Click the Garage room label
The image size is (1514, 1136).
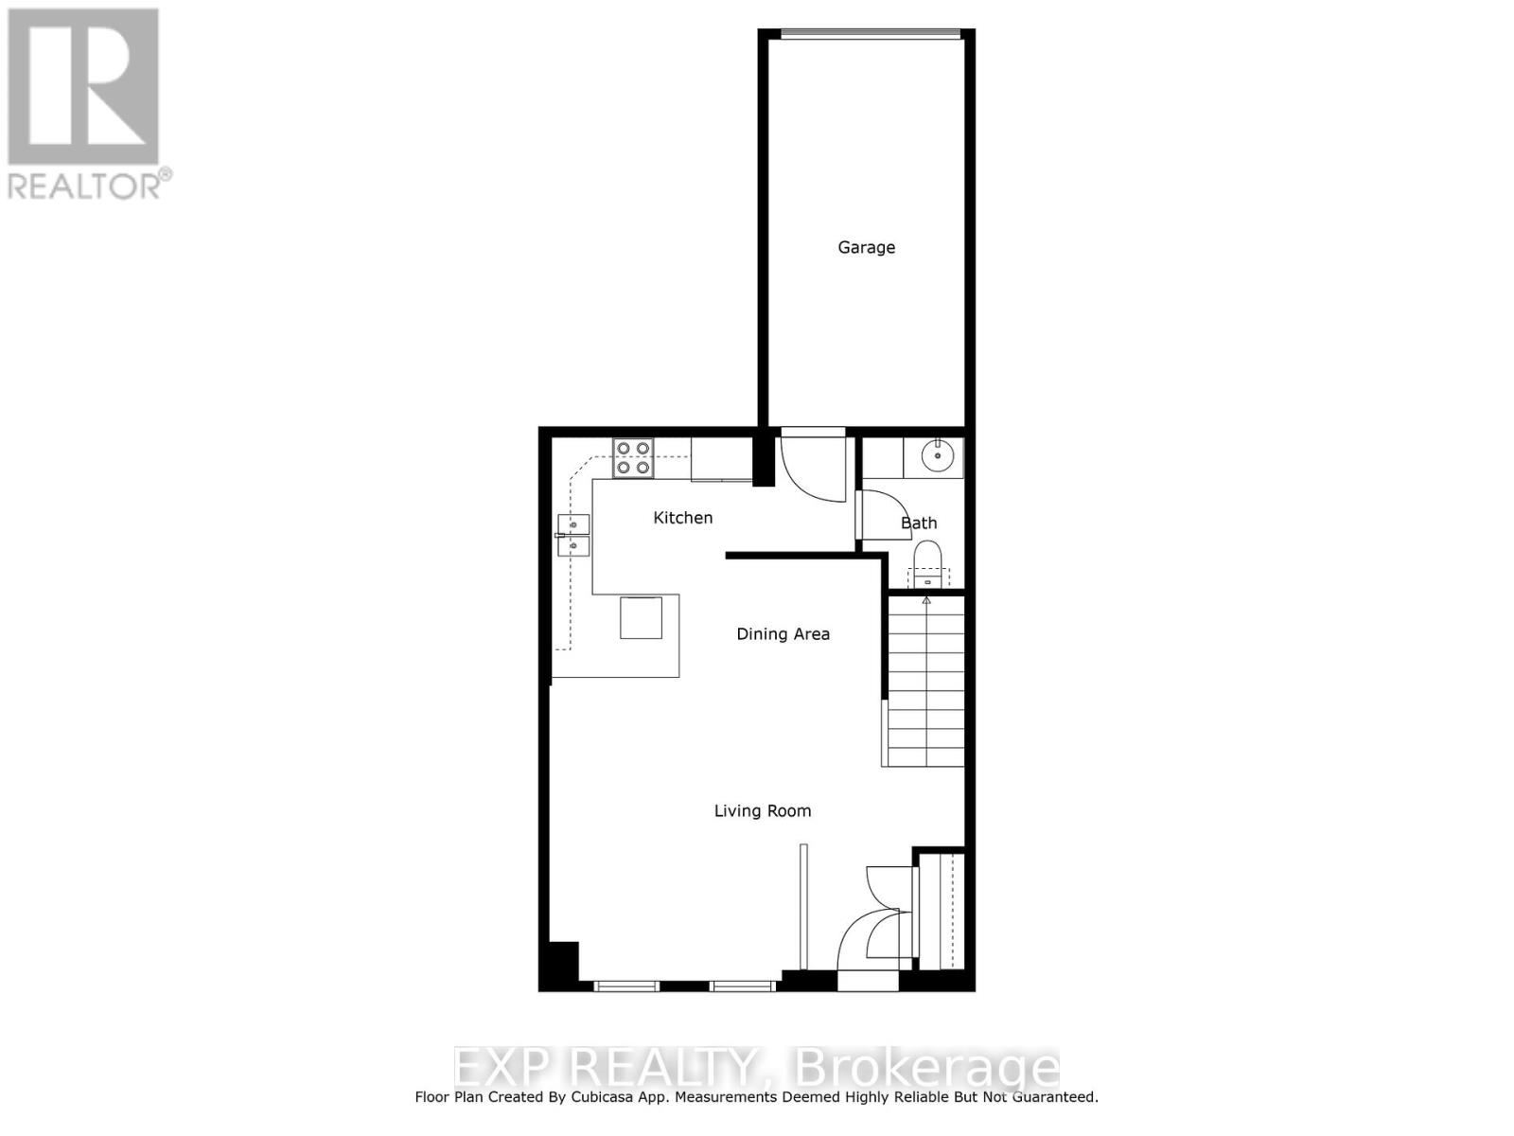point(866,247)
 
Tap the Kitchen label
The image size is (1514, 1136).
point(682,518)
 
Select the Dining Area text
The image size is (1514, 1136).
point(783,634)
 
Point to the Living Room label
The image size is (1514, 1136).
point(762,810)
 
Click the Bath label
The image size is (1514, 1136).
point(919,523)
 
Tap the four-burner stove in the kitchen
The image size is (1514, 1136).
point(633,457)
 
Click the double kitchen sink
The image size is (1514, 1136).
point(573,535)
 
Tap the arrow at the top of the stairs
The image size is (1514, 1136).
point(926,599)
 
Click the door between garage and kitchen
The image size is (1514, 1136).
point(812,466)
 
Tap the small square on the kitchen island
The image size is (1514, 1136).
point(641,617)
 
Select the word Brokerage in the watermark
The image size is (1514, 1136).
point(926,1069)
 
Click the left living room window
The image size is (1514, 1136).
point(626,986)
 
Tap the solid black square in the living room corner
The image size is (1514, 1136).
point(559,965)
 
